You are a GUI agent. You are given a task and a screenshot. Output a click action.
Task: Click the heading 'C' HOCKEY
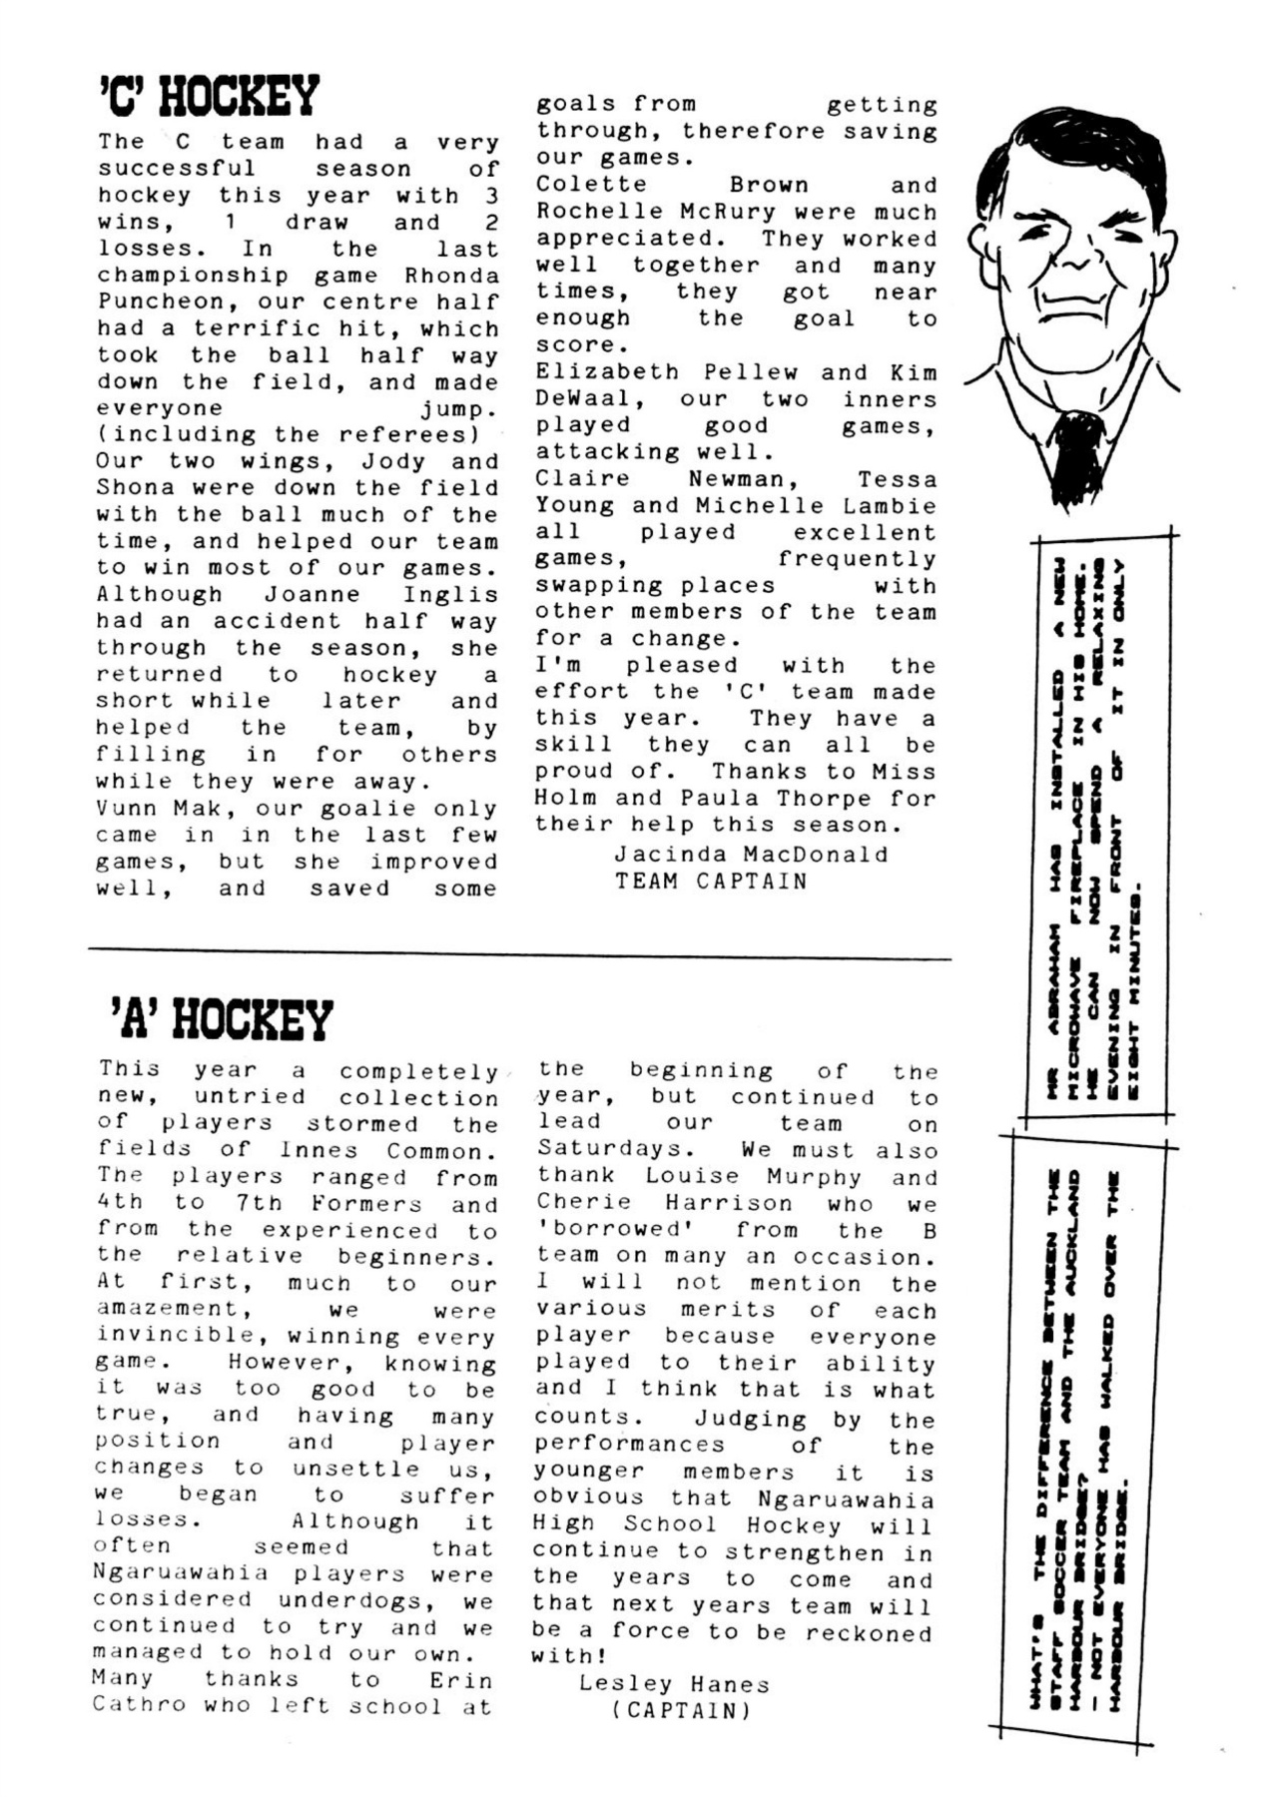(209, 97)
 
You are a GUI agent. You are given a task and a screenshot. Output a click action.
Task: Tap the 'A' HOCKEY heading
(220, 1019)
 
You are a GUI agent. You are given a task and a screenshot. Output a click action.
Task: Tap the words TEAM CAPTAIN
(711, 881)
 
